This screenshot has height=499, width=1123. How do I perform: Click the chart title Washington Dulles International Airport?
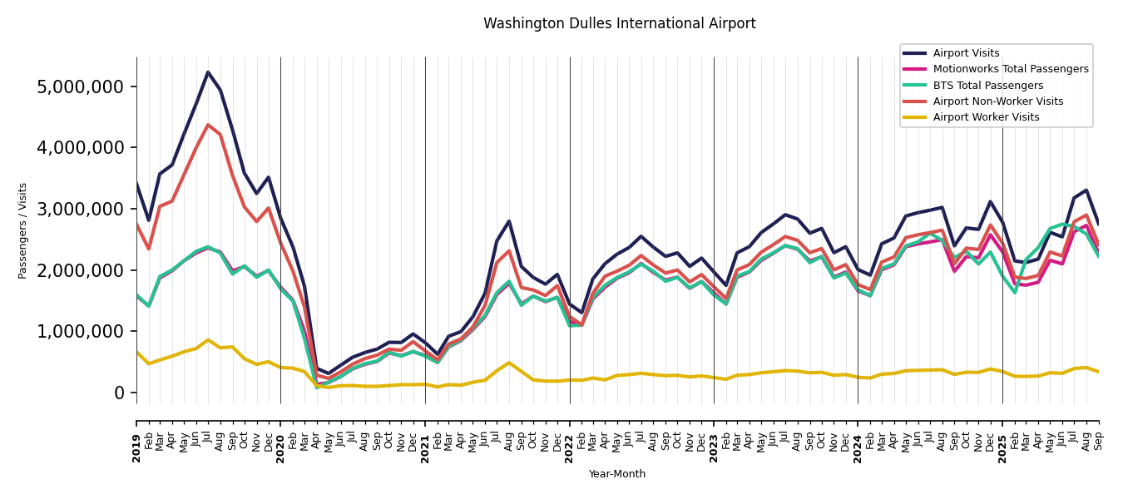pos(619,24)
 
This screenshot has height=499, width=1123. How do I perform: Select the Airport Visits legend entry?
pos(966,53)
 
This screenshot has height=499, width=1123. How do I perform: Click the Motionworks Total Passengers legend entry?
pos(1010,69)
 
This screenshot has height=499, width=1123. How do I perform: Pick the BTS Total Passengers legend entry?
pos(987,86)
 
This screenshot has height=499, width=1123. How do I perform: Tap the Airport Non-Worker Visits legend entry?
pos(997,101)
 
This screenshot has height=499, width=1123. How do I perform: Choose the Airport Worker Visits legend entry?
pos(986,117)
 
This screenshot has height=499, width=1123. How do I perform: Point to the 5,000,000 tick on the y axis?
pos(81,86)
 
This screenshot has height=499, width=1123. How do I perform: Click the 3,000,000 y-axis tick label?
pos(81,209)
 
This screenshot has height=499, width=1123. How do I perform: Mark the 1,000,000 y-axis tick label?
pos(81,331)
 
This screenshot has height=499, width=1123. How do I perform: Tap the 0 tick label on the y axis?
pos(119,393)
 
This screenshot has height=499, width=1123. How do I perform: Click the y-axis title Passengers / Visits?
pos(23,230)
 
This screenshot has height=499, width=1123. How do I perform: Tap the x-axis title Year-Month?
pos(617,474)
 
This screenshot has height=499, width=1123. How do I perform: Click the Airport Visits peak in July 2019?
pos(208,72)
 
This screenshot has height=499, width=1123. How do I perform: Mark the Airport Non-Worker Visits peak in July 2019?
pos(208,125)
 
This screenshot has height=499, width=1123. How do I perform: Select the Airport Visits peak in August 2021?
pos(509,221)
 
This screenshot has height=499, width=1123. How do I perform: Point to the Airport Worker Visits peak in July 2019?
pos(208,339)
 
